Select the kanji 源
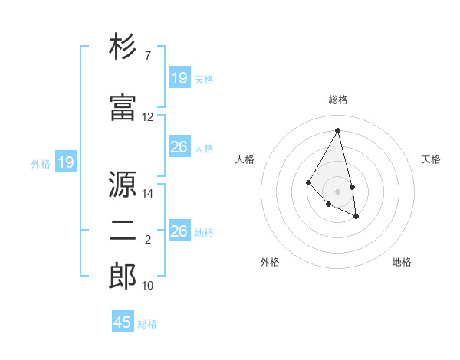point(123,185)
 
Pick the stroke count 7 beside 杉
point(148,56)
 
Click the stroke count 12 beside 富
point(148,117)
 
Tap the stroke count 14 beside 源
point(148,194)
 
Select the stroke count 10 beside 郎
point(148,286)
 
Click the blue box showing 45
point(123,322)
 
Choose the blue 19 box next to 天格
point(179,78)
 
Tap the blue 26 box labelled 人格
point(179,147)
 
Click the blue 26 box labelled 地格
point(179,231)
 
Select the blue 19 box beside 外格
point(65,162)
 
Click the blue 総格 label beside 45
point(147,324)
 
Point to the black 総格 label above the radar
point(337,100)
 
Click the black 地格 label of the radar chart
point(402,262)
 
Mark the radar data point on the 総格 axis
point(337,130)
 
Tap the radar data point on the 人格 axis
point(308,182)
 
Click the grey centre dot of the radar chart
point(337,191)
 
